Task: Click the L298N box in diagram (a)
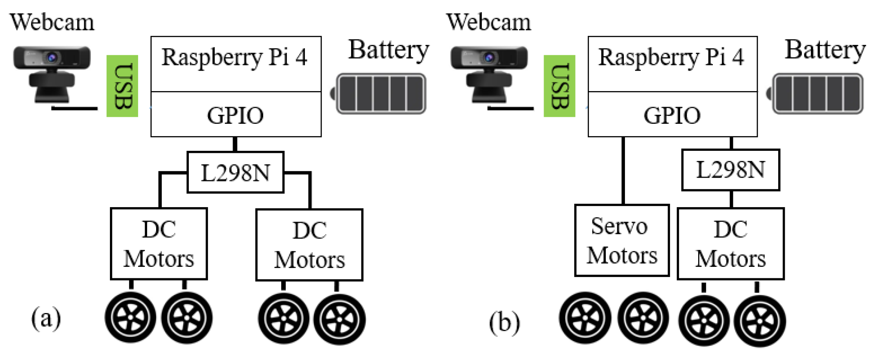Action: click(x=235, y=172)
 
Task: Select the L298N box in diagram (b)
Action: click(x=730, y=170)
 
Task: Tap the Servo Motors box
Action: click(x=622, y=241)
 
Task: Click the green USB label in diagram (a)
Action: click(x=122, y=86)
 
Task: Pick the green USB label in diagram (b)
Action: click(x=559, y=86)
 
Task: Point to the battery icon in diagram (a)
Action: click(x=380, y=94)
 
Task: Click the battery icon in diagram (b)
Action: click(x=817, y=94)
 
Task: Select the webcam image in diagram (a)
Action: click(x=52, y=74)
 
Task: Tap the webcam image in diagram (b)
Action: click(x=489, y=74)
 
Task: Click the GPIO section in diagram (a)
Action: click(x=236, y=115)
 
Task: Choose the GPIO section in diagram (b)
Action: click(x=672, y=115)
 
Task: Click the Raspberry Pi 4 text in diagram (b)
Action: click(x=671, y=58)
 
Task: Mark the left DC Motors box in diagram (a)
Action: click(x=159, y=244)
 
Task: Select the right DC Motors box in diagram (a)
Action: click(x=309, y=245)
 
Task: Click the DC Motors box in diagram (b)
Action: click(x=730, y=244)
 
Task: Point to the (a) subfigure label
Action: click(x=46, y=318)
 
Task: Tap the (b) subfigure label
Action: click(x=504, y=322)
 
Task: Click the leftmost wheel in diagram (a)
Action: click(x=130, y=318)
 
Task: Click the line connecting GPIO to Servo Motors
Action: click(x=623, y=171)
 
